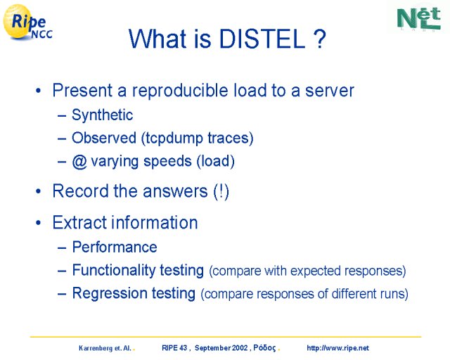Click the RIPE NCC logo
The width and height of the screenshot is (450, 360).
(x=27, y=22)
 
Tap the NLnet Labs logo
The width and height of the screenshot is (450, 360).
(x=419, y=18)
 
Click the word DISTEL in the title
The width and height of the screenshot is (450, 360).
(x=262, y=39)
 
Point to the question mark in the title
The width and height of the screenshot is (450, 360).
(x=319, y=39)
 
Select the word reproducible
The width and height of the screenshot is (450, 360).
(x=180, y=91)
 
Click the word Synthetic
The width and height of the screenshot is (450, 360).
(x=102, y=115)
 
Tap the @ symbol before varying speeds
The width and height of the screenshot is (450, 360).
(x=79, y=161)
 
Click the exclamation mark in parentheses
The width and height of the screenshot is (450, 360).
(x=221, y=191)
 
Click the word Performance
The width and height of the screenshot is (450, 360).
(x=115, y=247)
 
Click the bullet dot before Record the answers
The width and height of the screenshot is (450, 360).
(x=39, y=191)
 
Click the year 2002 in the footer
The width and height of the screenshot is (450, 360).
(x=240, y=348)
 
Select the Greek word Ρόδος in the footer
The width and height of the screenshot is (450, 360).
(x=264, y=348)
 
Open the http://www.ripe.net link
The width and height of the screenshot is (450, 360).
(x=337, y=348)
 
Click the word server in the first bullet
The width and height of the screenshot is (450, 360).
(x=330, y=91)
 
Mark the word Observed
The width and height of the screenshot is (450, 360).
(x=104, y=138)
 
